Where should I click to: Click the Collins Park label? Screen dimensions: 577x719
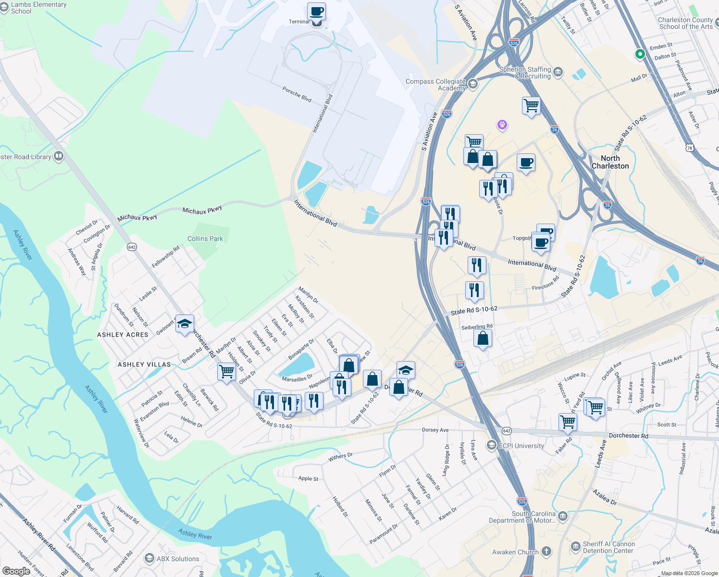click(x=205, y=238)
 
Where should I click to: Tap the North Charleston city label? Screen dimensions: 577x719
click(x=610, y=162)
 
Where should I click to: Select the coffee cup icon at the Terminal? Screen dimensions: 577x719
click(x=316, y=11)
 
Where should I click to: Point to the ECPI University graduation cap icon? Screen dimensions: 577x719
click(x=491, y=446)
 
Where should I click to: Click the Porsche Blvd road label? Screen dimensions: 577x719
click(x=297, y=94)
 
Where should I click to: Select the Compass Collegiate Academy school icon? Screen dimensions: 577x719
click(x=472, y=84)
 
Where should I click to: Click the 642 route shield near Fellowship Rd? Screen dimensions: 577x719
click(x=132, y=247)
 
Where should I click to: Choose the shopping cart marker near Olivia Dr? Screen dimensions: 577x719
click(x=226, y=372)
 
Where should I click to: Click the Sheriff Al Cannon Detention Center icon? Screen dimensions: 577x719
click(x=575, y=547)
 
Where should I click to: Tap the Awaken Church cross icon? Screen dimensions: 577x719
click(x=546, y=552)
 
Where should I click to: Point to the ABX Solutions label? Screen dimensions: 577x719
click(x=178, y=559)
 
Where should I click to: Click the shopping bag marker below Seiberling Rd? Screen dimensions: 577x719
click(x=483, y=339)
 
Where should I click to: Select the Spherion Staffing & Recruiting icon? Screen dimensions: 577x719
click(x=558, y=73)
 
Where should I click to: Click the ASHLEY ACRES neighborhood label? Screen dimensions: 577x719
click(x=123, y=335)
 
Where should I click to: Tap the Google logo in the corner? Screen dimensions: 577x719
click(x=16, y=571)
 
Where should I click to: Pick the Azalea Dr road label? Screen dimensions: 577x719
click(x=605, y=497)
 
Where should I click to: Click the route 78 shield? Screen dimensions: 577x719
click(x=690, y=148)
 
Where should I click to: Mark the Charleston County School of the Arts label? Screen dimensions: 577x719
click(x=685, y=23)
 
